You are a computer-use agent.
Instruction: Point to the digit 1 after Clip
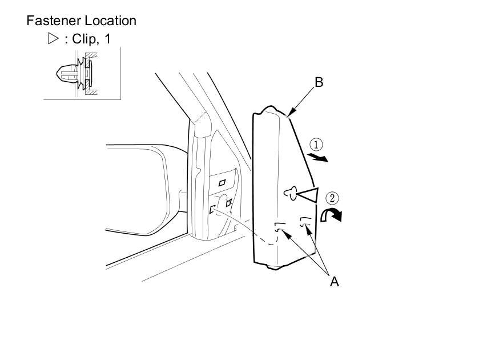click(x=107, y=40)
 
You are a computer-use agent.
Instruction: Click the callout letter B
click(x=319, y=82)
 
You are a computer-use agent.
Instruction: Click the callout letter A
click(x=335, y=281)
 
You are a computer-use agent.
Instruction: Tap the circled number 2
click(x=332, y=198)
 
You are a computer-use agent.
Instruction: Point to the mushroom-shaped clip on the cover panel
click(x=291, y=195)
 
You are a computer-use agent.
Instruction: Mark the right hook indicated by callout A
click(x=307, y=223)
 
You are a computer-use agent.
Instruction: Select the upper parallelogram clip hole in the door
click(x=222, y=182)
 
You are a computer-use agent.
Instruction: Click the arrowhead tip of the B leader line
click(x=289, y=116)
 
